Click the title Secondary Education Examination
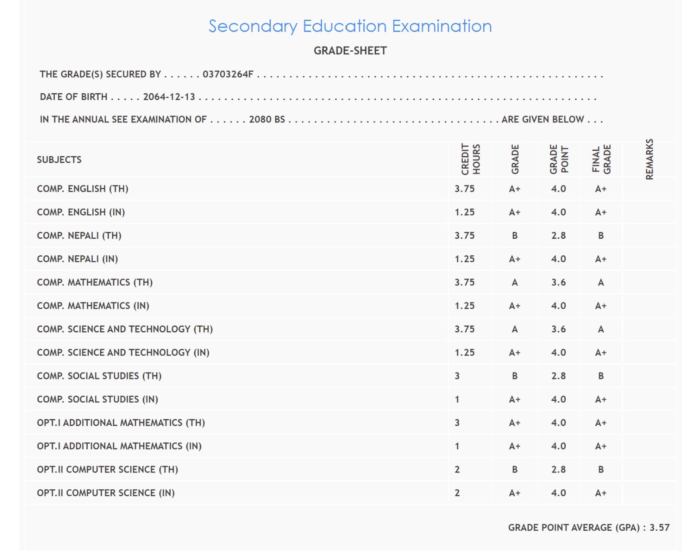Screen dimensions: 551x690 (x=350, y=26)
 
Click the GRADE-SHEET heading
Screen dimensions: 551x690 (x=350, y=51)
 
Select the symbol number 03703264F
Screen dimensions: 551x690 (x=228, y=74)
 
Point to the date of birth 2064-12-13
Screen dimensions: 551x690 (x=169, y=97)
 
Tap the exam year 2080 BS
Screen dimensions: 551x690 (x=267, y=119)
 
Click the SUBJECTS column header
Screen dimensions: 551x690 (x=59, y=160)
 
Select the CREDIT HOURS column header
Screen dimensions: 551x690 (x=470, y=159)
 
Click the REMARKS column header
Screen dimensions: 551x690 (x=649, y=159)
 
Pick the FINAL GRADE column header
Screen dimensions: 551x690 (x=601, y=159)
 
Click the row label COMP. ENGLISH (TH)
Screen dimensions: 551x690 (x=83, y=189)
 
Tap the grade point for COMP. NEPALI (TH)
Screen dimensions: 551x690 (x=558, y=236)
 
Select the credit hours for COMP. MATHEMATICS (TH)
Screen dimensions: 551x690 (x=464, y=282)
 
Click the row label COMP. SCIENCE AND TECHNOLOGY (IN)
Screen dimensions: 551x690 (x=123, y=353)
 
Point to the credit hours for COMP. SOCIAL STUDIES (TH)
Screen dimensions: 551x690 (x=457, y=376)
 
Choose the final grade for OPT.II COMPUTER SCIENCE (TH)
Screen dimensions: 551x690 (x=601, y=470)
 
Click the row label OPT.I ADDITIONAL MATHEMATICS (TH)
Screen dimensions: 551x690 (x=121, y=423)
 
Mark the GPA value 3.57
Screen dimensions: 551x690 (x=659, y=528)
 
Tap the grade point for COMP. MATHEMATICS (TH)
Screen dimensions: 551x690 (x=558, y=282)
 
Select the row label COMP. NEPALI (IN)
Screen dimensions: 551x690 (x=78, y=259)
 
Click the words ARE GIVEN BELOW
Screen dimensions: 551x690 (x=543, y=119)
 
